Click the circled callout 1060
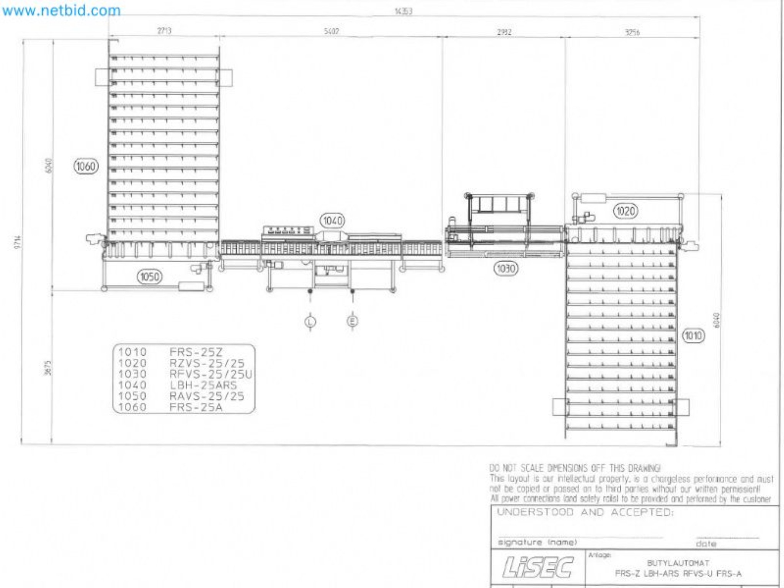[86, 166]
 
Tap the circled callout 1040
[332, 221]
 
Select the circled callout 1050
[149, 277]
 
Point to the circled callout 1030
[505, 268]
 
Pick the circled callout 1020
[626, 211]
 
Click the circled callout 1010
[693, 336]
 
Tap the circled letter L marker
[310, 322]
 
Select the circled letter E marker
[352, 321]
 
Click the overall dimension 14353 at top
[403, 11]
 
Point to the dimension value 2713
[164, 31]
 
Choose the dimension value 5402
[331, 31]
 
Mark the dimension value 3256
[632, 32]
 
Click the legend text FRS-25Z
[196, 352]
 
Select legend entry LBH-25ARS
[203, 385]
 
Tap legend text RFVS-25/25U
[211, 374]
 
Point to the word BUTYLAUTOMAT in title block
[678, 563]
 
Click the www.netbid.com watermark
[61, 10]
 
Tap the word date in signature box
[706, 544]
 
